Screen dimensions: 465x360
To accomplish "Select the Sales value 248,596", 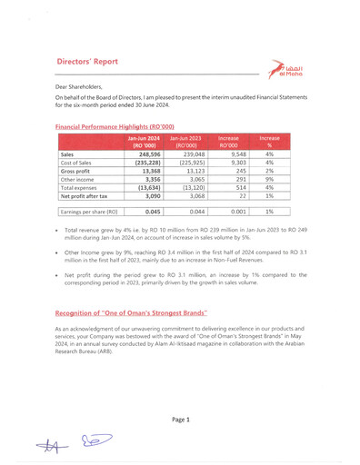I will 149,155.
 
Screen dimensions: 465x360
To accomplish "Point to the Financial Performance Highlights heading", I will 115,127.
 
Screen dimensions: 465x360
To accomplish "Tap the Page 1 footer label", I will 180,420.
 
